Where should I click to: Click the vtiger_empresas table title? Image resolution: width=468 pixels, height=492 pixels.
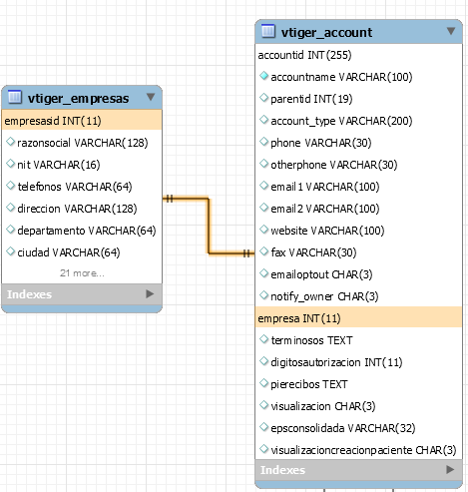tap(78, 99)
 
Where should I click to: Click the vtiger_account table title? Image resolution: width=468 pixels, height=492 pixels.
tap(326, 33)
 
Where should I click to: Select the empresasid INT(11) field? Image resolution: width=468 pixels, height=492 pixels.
tap(53, 121)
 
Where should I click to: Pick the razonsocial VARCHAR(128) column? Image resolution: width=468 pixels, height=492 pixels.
tap(83, 143)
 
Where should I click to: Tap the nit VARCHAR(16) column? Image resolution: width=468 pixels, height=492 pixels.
tap(59, 165)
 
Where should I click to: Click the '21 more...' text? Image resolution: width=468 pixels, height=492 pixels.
tap(82, 273)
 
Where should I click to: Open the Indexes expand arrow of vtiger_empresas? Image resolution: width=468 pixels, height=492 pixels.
tap(150, 294)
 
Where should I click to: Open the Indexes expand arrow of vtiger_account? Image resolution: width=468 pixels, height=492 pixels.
tap(450, 470)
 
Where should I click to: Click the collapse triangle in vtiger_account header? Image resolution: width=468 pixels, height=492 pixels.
tap(451, 31)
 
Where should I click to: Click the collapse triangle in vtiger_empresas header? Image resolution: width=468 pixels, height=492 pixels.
tap(151, 97)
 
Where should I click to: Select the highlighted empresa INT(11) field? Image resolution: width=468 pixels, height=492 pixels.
tap(299, 318)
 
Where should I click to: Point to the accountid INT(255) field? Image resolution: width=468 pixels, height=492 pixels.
tap(304, 55)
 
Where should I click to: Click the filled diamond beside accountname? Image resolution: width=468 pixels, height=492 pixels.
tap(263, 76)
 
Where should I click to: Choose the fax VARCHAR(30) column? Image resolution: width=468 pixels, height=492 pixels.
tap(313, 252)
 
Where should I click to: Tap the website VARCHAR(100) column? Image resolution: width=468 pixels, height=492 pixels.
tap(327, 231)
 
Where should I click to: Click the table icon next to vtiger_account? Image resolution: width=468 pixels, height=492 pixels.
tap(268, 31)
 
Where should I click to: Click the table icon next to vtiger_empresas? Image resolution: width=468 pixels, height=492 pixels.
tap(15, 97)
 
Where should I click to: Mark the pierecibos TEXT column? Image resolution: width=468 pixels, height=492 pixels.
tap(309, 384)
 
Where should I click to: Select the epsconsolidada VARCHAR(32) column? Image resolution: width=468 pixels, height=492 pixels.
tap(343, 428)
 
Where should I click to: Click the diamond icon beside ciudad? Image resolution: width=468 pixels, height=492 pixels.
tap(11, 251)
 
